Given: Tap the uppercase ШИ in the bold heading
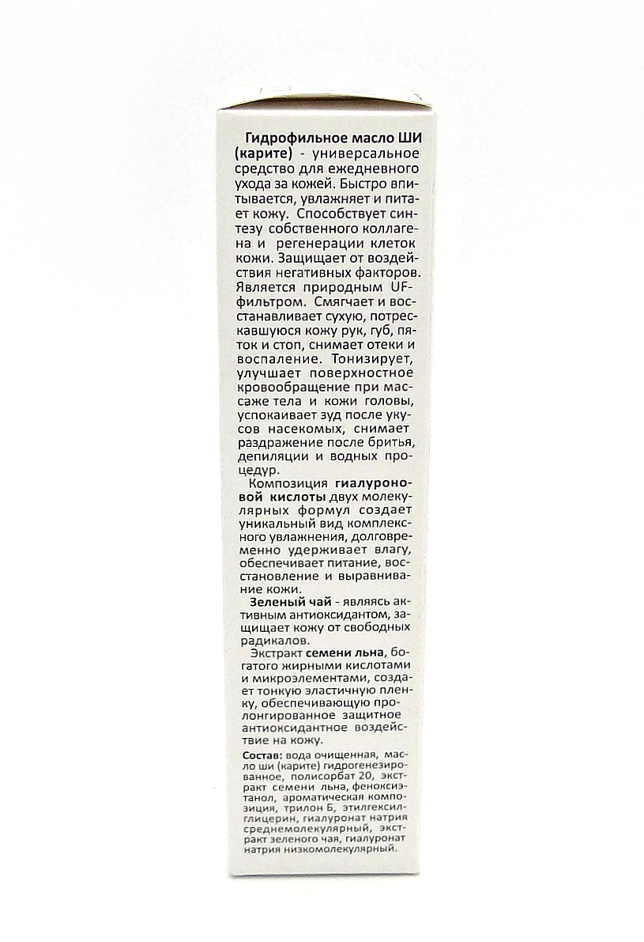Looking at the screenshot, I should click(x=409, y=139).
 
